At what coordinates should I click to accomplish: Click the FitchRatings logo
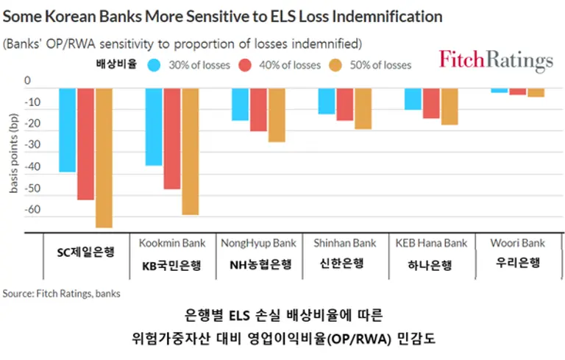pos(496,60)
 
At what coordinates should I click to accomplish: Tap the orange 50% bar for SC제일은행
pos(103,158)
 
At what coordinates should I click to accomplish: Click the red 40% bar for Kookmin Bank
pos(172,138)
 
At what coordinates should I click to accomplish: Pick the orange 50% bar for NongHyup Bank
pos(277,115)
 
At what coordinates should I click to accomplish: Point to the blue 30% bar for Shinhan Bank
pos(326,101)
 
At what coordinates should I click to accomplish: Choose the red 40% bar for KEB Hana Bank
pos(431,103)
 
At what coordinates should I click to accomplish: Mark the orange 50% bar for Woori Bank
pos(536,93)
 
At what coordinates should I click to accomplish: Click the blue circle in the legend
pos(154,65)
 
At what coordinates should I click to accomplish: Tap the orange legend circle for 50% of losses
pos(336,65)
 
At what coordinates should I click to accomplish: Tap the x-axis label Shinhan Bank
pos(344,243)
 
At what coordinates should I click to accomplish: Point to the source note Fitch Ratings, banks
pos(62,293)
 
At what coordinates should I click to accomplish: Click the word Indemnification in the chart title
pos(380,16)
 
